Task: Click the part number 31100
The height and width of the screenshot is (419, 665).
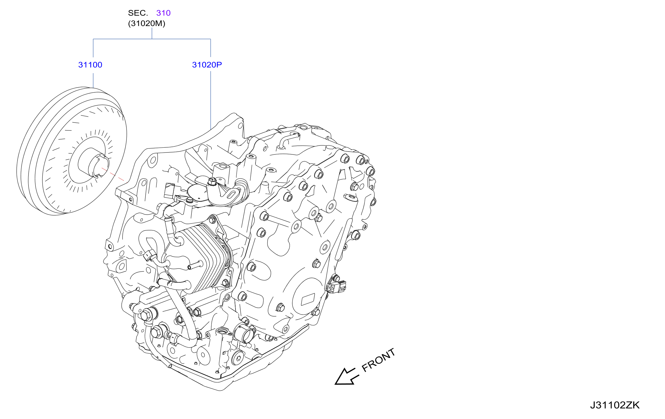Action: (90, 65)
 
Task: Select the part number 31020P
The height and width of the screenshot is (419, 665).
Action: (207, 65)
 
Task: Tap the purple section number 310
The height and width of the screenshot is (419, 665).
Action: (163, 13)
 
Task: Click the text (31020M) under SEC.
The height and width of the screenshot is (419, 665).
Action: (147, 23)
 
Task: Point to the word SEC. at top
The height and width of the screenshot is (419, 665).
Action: (138, 13)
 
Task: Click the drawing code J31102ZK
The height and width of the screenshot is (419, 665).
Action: (615, 405)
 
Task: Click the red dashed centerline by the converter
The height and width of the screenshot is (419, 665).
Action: (113, 174)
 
